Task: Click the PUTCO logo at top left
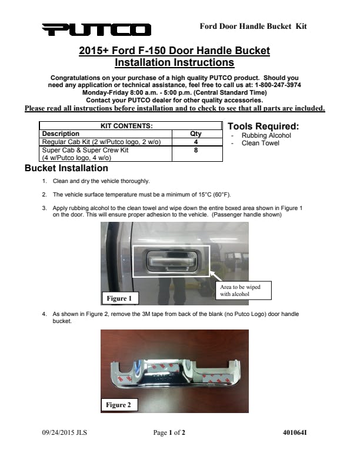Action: pyautogui.click(x=96, y=29)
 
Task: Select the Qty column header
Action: pyautogui.click(x=195, y=134)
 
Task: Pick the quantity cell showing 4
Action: pyautogui.click(x=195, y=142)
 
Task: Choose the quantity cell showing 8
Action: pyautogui.click(x=195, y=150)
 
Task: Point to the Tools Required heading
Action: pyautogui.click(x=263, y=127)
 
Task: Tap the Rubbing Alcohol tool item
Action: pyautogui.click(x=266, y=135)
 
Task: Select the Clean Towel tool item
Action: pyautogui.click(x=260, y=143)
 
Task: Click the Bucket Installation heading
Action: pyautogui.click(x=66, y=168)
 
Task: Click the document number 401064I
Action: pyautogui.click(x=295, y=433)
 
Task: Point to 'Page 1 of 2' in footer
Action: pyautogui.click(x=169, y=433)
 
